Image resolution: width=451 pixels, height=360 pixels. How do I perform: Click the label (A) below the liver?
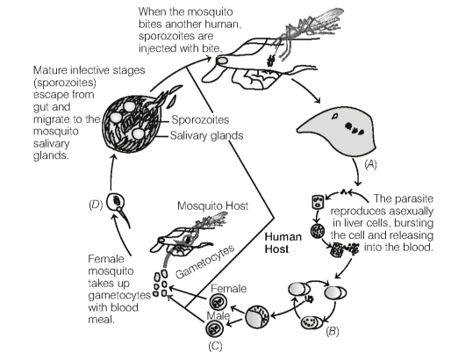(x=370, y=164)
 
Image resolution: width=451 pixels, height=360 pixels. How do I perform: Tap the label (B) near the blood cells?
(x=333, y=331)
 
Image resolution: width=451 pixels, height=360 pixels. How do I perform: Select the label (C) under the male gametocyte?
(x=215, y=346)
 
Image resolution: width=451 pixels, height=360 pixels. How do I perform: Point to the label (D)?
(x=96, y=205)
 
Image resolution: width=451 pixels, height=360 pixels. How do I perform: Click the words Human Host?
(x=283, y=242)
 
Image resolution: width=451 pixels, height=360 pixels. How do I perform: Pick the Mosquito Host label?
(x=212, y=205)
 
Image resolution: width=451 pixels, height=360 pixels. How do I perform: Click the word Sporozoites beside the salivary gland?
(x=200, y=119)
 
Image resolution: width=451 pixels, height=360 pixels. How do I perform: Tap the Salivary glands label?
(x=206, y=135)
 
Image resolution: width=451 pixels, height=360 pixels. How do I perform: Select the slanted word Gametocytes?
(x=204, y=262)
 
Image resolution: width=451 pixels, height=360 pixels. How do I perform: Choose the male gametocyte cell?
(x=214, y=328)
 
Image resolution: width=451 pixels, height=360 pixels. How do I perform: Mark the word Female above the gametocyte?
(x=228, y=289)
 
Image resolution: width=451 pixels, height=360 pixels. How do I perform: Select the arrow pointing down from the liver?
(x=356, y=172)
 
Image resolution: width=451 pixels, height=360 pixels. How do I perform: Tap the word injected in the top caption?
(x=158, y=48)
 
